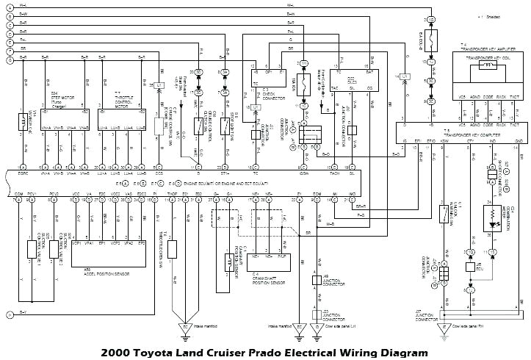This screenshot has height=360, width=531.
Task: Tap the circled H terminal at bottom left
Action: (9, 314)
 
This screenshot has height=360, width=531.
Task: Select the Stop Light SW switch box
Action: (225, 125)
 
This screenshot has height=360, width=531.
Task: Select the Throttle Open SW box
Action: (173, 248)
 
